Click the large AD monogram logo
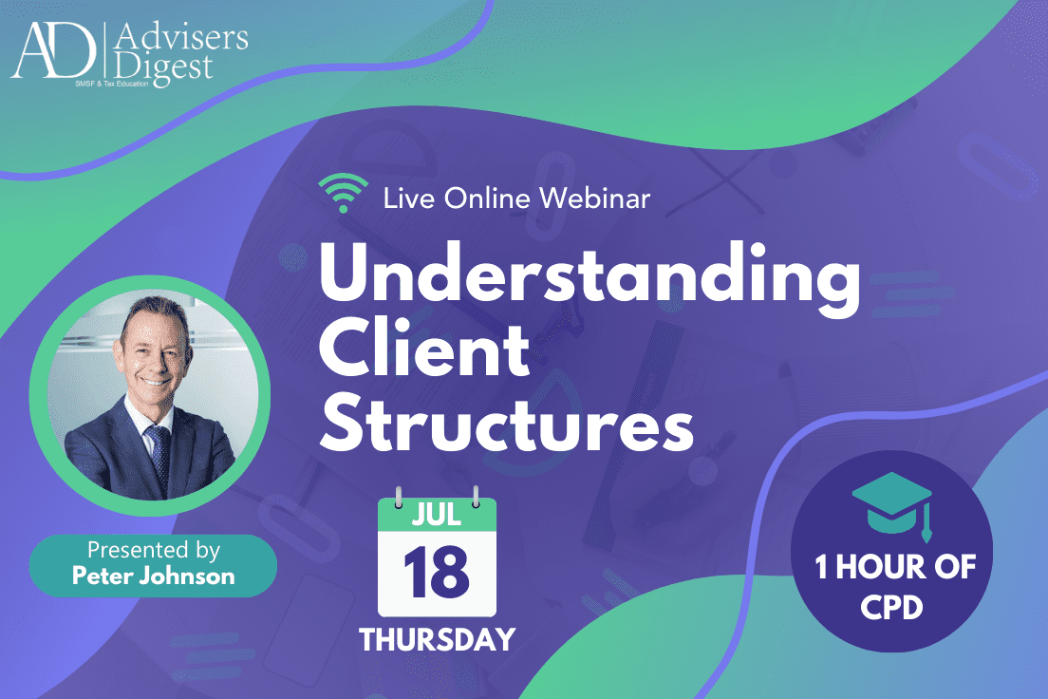pyautogui.click(x=53, y=50)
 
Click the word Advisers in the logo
pyautogui.click(x=181, y=38)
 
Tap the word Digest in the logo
pyautogui.click(x=163, y=68)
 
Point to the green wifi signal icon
pyautogui.click(x=343, y=193)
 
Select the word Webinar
pyautogui.click(x=595, y=198)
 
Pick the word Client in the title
pyautogui.click(x=424, y=349)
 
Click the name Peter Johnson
pyautogui.click(x=154, y=576)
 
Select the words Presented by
pyautogui.click(x=154, y=551)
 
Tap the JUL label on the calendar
pyautogui.click(x=437, y=515)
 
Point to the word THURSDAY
pyautogui.click(x=437, y=639)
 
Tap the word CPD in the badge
pyautogui.click(x=891, y=608)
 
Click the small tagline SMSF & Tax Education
pyautogui.click(x=112, y=84)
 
